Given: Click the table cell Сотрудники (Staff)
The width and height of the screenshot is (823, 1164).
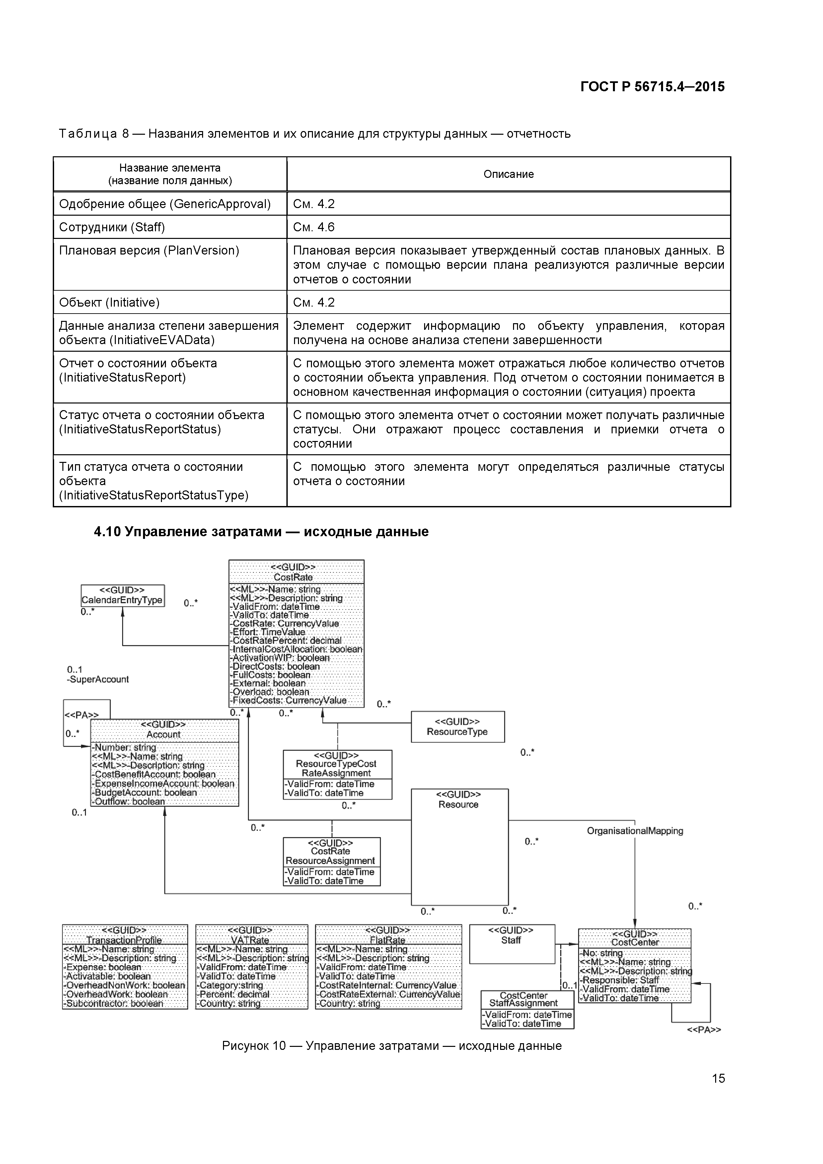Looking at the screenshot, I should click(112, 227).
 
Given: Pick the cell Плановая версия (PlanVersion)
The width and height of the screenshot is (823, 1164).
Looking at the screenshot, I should click(149, 251).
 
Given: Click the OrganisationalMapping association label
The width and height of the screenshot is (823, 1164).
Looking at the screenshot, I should click(635, 831).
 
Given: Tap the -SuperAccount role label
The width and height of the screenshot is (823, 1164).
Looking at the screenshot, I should click(98, 679).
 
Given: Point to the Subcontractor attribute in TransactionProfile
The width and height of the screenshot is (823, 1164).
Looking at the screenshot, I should click(113, 1003).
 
